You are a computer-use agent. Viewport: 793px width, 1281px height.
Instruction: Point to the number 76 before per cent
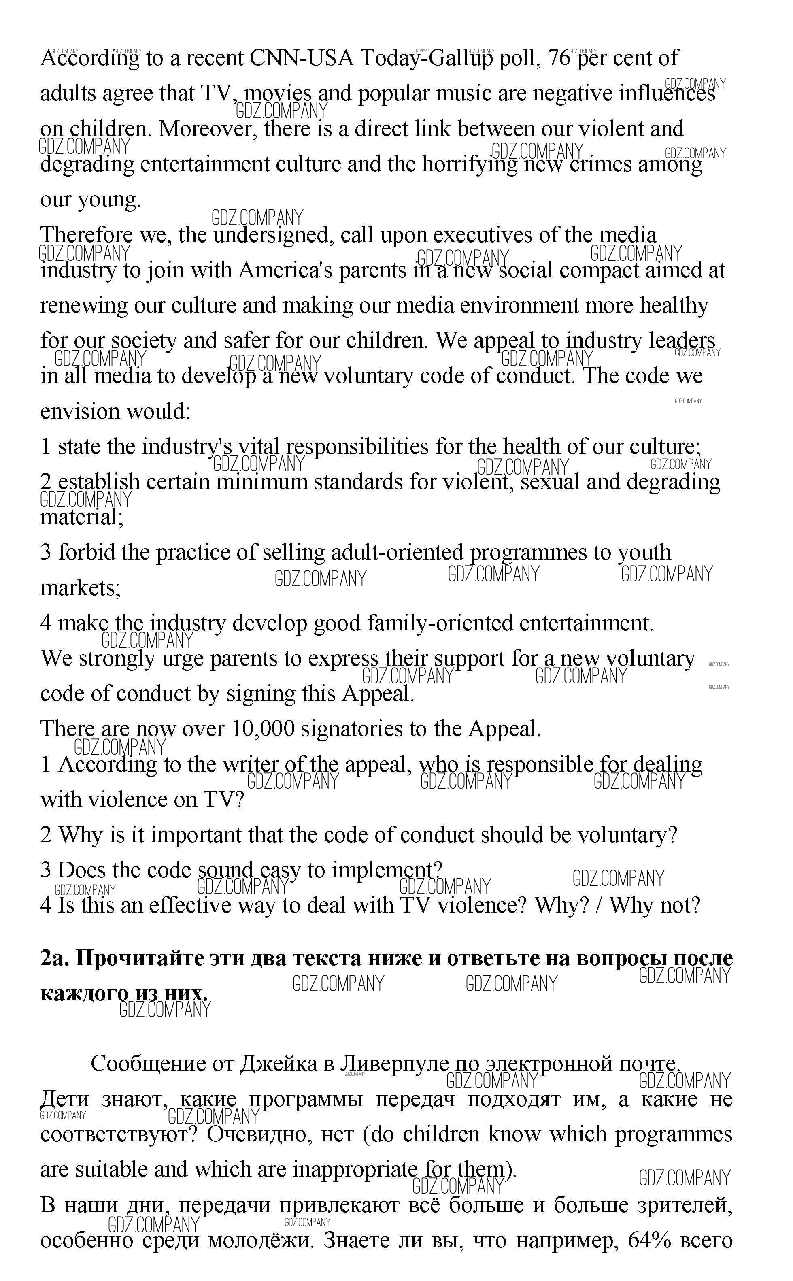click(559, 58)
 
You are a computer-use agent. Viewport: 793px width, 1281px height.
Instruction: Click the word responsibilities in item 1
click(357, 447)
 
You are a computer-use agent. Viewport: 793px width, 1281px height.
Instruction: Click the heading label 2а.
click(54, 958)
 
